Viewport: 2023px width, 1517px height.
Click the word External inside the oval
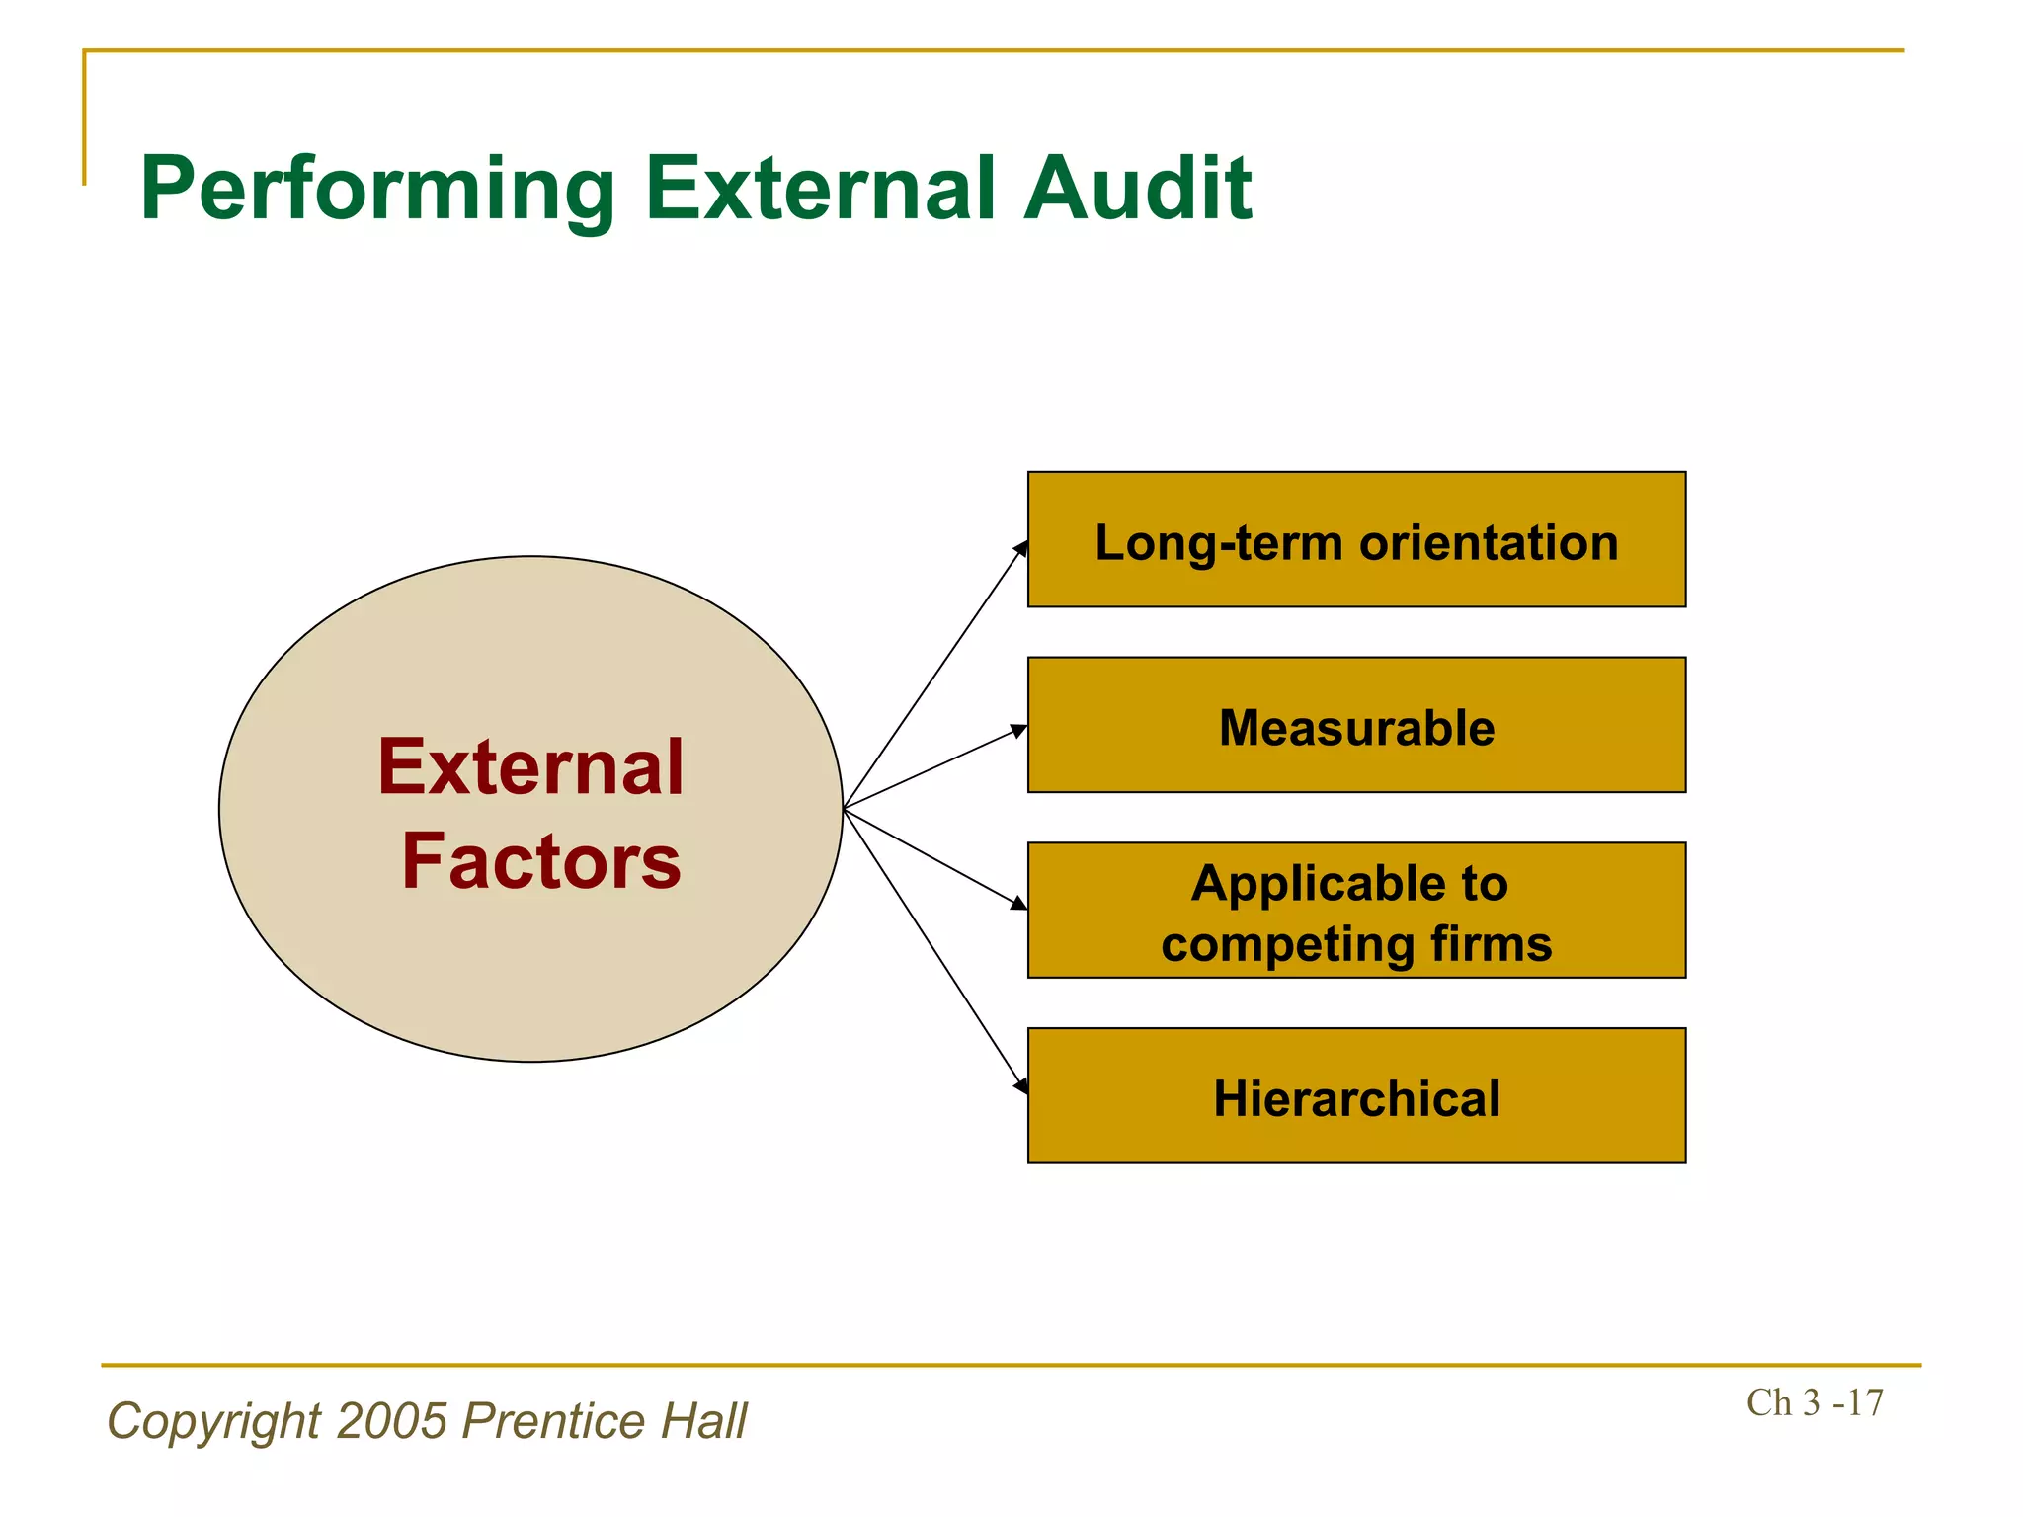click(530, 767)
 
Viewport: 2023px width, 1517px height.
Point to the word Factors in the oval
click(540, 861)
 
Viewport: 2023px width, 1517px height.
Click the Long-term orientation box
click(1355, 539)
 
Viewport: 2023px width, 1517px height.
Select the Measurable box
click(1355, 725)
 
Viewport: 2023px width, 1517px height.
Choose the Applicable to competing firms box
click(1355, 910)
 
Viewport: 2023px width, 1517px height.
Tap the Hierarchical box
click(1355, 1095)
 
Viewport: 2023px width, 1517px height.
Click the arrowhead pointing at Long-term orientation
click(1021, 548)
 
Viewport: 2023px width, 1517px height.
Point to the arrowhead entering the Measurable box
click(1019, 731)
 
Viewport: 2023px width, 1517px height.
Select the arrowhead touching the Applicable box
click(1019, 903)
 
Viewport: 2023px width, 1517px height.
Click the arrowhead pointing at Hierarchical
click(1021, 1085)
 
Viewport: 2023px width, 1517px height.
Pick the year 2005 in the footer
click(392, 1421)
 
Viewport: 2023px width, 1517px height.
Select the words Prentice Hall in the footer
click(605, 1421)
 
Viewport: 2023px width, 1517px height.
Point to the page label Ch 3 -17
click(1814, 1402)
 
